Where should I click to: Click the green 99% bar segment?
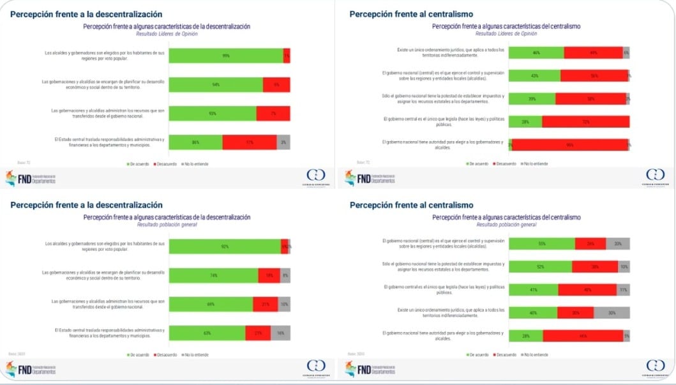(x=226, y=56)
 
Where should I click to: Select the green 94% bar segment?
(x=216, y=85)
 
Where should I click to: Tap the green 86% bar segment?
(x=196, y=142)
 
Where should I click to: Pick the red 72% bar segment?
(x=585, y=122)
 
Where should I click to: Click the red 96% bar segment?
(x=569, y=145)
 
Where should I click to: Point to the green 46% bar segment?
(x=536, y=53)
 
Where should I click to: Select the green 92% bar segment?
(x=225, y=246)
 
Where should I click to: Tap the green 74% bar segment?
(x=214, y=276)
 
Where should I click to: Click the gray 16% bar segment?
(x=280, y=333)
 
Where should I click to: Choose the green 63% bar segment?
(x=207, y=333)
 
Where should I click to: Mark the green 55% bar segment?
(x=541, y=244)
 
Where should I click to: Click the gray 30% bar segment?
(x=612, y=313)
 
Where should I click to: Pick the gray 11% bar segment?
(x=623, y=290)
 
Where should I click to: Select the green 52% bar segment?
(x=540, y=267)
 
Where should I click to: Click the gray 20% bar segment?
(x=618, y=244)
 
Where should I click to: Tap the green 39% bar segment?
(x=532, y=99)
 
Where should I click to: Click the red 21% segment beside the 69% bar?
(x=266, y=305)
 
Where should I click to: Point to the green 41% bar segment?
(x=533, y=290)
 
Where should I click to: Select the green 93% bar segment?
(x=213, y=114)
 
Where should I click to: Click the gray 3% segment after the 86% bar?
(x=283, y=142)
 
